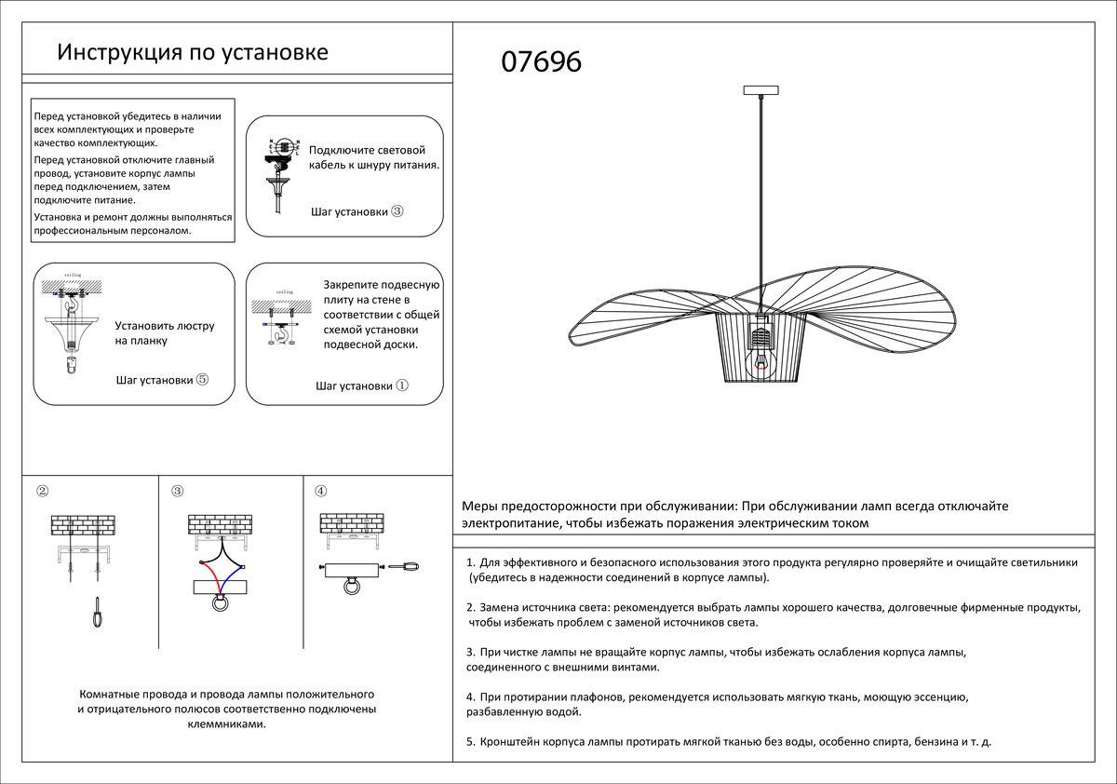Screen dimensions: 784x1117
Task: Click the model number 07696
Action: tap(541, 61)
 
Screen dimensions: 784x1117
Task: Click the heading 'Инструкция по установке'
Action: tap(193, 51)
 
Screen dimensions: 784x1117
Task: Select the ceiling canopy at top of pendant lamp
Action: tap(762, 90)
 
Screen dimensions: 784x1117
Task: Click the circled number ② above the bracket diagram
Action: tap(42, 491)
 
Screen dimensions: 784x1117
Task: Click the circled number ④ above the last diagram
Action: tap(320, 491)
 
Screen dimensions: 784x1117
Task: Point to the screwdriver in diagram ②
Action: tap(96, 614)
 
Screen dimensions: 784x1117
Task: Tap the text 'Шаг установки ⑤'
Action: tap(162, 380)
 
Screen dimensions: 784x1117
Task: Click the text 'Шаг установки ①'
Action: tap(361, 385)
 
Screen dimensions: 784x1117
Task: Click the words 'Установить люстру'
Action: tap(165, 326)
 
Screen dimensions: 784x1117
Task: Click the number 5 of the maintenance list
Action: tap(470, 742)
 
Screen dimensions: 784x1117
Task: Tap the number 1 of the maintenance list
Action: tap(470, 562)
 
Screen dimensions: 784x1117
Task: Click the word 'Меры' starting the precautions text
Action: tap(481, 507)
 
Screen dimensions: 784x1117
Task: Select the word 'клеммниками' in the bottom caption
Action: tap(227, 723)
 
